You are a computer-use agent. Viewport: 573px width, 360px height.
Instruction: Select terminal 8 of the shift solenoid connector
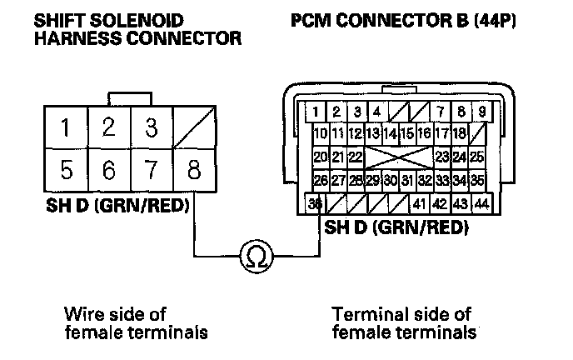point(194,172)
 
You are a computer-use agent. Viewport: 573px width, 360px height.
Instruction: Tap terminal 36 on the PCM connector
point(316,202)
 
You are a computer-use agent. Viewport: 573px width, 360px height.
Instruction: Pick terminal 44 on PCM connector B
point(481,202)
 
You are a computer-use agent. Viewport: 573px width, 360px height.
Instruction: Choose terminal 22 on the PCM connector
point(356,157)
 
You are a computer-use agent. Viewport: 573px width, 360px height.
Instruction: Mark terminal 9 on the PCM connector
point(481,112)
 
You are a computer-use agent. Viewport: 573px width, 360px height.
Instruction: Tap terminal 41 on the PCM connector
point(420,202)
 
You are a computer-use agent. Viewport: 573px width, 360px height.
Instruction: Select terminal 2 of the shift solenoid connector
point(107,127)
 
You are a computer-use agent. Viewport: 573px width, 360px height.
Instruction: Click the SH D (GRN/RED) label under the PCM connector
point(396,226)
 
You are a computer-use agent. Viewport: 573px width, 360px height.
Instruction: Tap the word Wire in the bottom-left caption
point(81,314)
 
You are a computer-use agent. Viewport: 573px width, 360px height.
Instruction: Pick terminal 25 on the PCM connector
point(476,157)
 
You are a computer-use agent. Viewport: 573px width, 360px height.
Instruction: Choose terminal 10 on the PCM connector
point(320,133)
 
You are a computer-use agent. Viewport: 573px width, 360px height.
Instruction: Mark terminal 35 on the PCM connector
point(476,179)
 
